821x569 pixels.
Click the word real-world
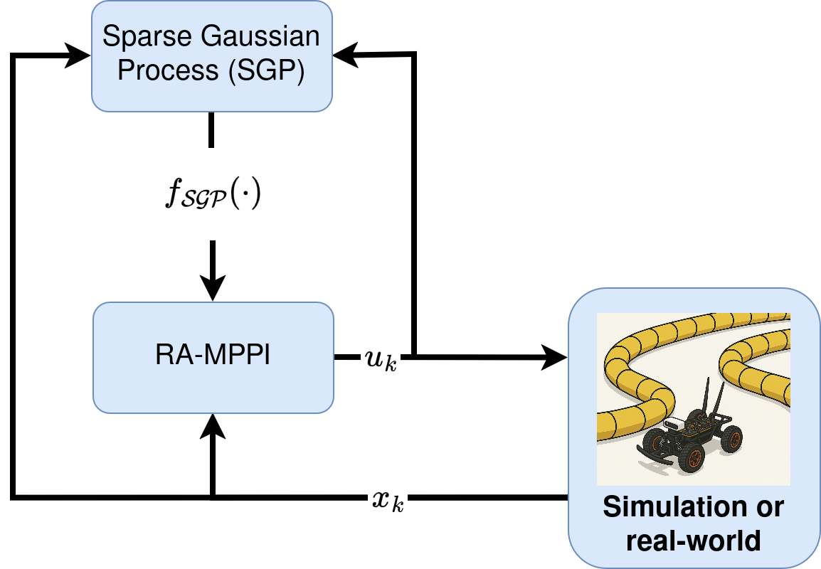693,541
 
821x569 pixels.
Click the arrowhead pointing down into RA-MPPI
212,289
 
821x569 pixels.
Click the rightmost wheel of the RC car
731,438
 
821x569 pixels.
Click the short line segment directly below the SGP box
212,129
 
